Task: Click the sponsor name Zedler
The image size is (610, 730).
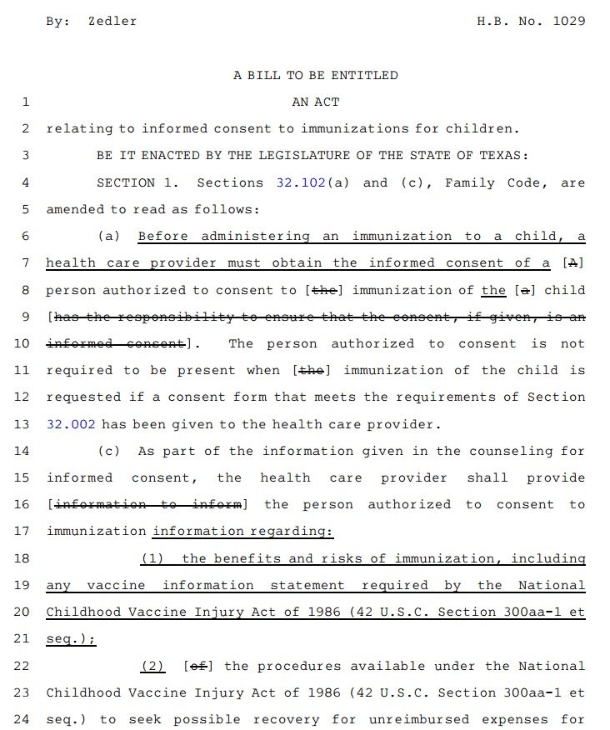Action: pyautogui.click(x=112, y=21)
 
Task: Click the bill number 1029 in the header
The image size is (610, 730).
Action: pyautogui.click(x=569, y=21)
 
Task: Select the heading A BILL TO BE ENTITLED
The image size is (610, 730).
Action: pyautogui.click(x=316, y=75)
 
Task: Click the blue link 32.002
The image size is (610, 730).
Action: pyautogui.click(x=71, y=424)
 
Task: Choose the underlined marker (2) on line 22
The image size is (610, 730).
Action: pyautogui.click(x=152, y=666)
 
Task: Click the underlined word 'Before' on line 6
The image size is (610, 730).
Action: pyautogui.click(x=163, y=236)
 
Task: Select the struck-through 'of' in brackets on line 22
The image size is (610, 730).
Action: pyautogui.click(x=198, y=666)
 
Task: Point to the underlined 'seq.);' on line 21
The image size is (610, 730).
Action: pyautogui.click(x=71, y=639)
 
